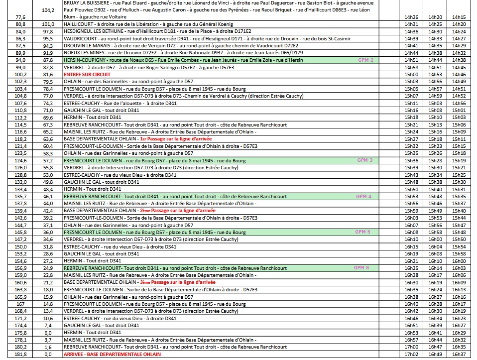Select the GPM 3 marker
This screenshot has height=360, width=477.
tap(365, 160)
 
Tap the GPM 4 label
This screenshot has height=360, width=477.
tap(364, 196)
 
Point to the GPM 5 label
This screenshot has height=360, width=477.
tap(362, 232)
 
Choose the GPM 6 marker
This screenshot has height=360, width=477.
tap(361, 268)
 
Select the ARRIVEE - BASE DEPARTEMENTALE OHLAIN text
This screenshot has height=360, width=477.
tap(112, 354)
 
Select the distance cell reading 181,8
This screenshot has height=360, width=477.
tap(21, 354)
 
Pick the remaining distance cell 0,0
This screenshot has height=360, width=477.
tap(48, 354)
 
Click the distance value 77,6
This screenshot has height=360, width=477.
tap(20, 17)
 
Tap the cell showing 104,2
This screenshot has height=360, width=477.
tap(48, 10)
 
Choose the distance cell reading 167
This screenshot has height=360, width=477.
tap(21, 304)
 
